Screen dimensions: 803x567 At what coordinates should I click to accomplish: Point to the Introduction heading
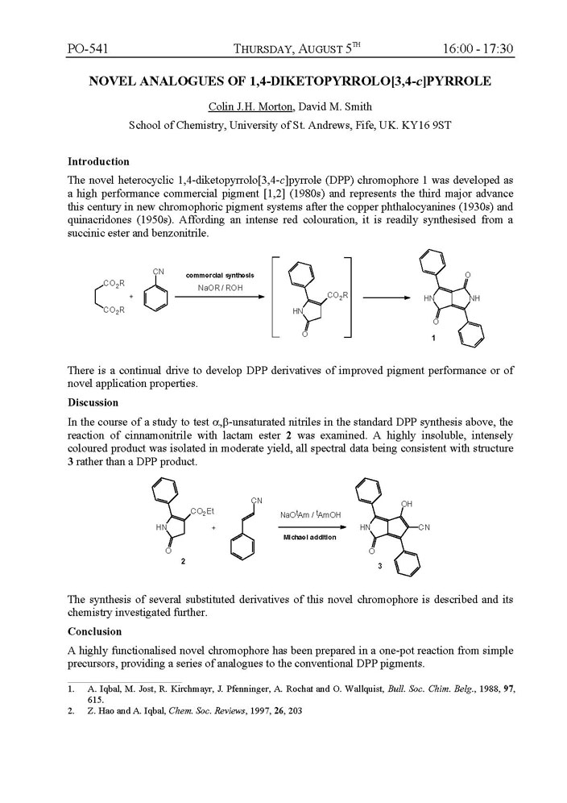tap(98, 161)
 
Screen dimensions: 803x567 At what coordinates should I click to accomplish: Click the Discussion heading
tap(93, 402)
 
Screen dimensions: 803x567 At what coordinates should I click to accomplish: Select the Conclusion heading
tap(94, 631)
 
